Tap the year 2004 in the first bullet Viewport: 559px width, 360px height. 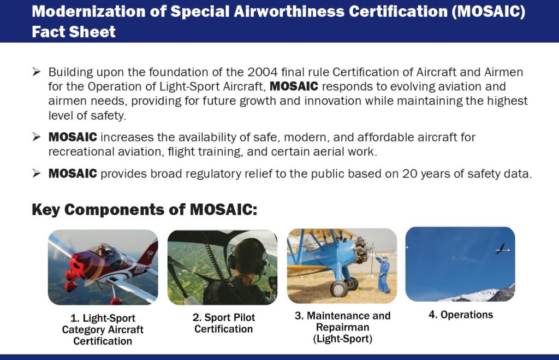263,72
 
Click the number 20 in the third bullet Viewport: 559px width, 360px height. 409,174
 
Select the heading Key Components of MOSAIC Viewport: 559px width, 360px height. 144,209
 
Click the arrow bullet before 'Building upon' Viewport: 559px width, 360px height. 37,72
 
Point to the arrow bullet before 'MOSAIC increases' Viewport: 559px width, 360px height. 37,137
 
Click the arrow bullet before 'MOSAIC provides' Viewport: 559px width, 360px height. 37,173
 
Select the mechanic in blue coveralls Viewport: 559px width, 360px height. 383,273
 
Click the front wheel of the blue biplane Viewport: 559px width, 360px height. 338,288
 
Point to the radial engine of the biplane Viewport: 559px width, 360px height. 362,249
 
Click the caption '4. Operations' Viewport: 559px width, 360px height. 461,315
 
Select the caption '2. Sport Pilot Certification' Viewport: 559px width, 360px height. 223,323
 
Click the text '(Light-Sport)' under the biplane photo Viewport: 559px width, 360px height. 343,339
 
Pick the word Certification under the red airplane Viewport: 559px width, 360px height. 103,341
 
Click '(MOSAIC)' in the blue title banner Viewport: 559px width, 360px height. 488,11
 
